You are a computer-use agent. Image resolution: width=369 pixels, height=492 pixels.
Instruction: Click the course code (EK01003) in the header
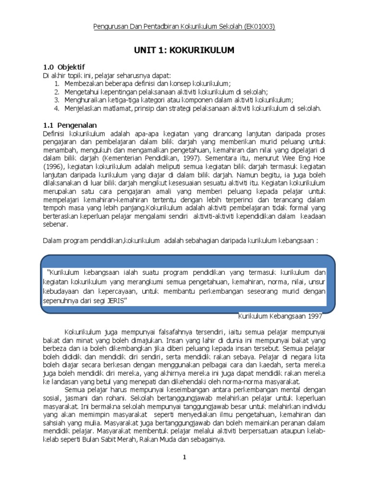[258, 27]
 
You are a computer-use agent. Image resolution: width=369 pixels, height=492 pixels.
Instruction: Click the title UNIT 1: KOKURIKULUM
[184, 50]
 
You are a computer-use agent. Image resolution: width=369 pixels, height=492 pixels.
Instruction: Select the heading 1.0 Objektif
[64, 67]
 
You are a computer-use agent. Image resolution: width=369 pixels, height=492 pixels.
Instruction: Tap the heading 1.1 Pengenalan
[70, 125]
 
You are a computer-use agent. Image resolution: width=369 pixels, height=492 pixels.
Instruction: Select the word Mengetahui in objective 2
[83, 91]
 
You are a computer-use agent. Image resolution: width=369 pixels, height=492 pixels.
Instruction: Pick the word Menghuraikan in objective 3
[86, 100]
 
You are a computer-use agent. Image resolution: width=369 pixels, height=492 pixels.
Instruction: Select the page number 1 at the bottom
[184, 457]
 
